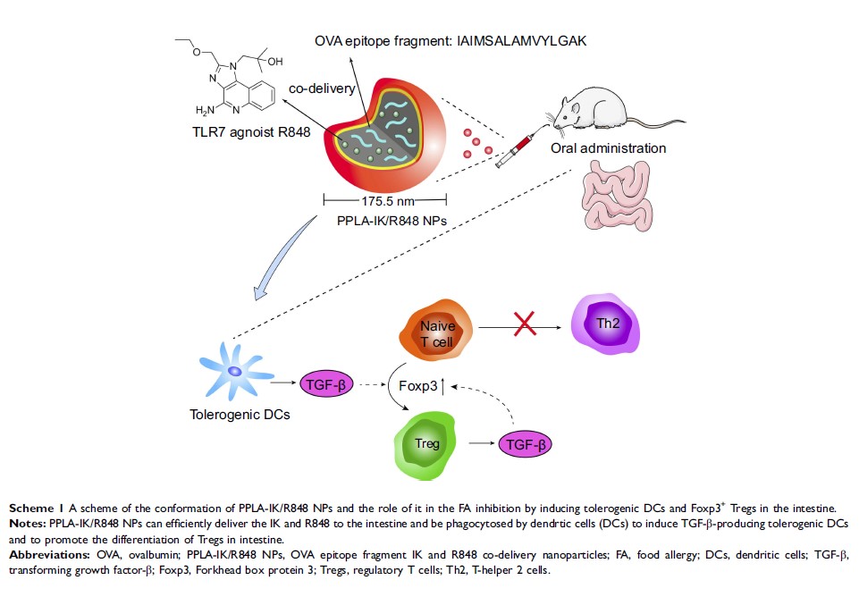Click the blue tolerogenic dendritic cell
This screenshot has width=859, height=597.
(x=234, y=373)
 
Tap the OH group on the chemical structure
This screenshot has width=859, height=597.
(x=273, y=62)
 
